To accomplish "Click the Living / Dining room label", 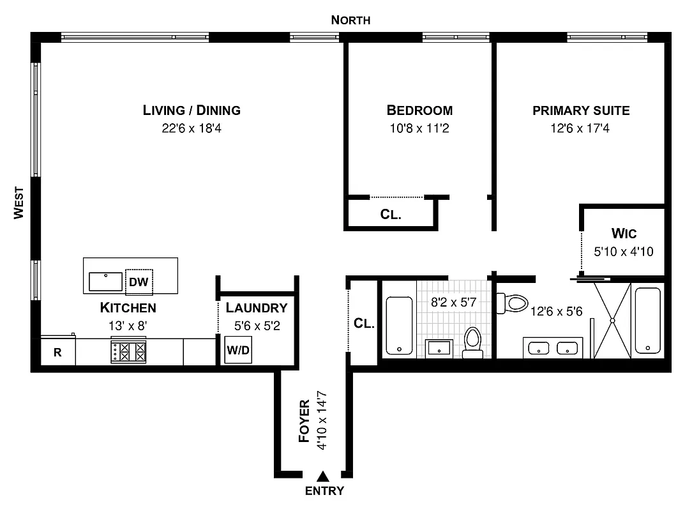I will (192, 110).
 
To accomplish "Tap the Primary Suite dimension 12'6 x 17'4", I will (581, 128).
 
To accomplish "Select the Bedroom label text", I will (419, 110).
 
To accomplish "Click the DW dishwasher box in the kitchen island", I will (139, 280).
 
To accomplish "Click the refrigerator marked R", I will (57, 352).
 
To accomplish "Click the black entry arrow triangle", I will (324, 476).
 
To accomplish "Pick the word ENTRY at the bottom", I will (324, 491).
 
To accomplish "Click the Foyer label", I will (305, 422).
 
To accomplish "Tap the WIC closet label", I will (623, 234).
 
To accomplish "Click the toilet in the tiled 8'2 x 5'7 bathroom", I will (472, 342).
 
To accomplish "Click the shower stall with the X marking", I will (612, 320).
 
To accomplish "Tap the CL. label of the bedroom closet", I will (391, 215).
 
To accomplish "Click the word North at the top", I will (350, 20).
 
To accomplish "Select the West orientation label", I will (19, 202).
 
